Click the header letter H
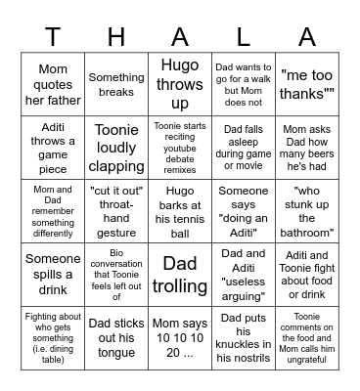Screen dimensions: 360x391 [116, 38]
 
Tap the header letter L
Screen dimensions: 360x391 [244, 38]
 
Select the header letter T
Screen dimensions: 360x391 [53, 38]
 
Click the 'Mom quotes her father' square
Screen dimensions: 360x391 [53, 85]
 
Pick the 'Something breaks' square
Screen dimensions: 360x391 [116, 85]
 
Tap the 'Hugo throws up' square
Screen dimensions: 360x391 [180, 85]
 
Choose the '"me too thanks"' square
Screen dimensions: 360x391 [307, 85]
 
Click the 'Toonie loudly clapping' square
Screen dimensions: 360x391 [116, 147]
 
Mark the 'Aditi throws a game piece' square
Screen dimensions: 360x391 [53, 147]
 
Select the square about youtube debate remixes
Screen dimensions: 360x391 [180, 147]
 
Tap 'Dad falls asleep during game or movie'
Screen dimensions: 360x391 [244, 147]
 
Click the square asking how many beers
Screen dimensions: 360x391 [307, 147]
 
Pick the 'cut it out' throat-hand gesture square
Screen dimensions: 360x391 [116, 210]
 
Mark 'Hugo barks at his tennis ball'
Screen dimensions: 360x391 [180, 210]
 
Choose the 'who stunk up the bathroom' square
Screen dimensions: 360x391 [307, 210]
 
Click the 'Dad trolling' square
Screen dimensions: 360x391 [180, 275]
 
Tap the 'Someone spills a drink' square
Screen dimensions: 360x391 [53, 275]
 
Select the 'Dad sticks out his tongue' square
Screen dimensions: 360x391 [116, 337]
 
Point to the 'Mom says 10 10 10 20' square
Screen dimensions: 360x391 [180, 337]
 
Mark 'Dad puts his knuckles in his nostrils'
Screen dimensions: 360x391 [244, 337]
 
